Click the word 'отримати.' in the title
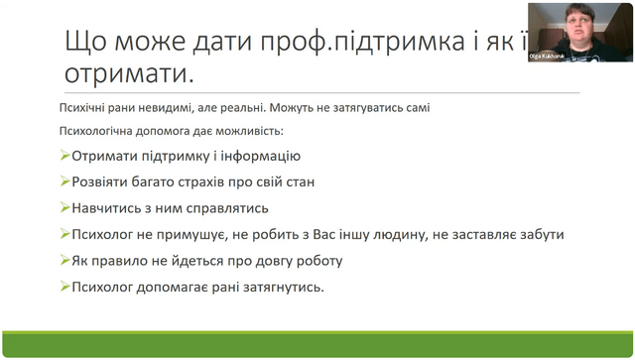129,73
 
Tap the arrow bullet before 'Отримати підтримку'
64,155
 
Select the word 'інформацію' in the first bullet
260,156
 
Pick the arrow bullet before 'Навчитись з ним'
64,207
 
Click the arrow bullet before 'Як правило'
64,260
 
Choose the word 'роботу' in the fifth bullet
319,261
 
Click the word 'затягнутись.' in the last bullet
284,288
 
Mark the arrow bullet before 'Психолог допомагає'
64,287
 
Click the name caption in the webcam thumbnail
547,57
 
